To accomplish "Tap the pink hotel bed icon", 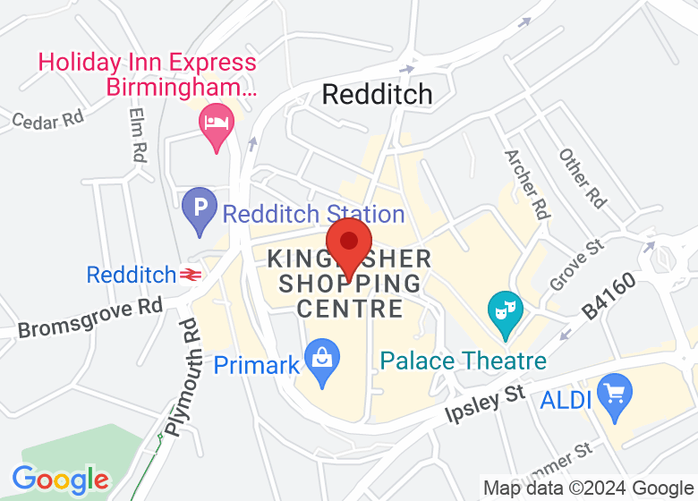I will click(216, 122).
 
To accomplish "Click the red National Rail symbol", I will click(189, 275).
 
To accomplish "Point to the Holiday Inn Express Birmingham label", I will click(147, 75).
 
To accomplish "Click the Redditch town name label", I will click(377, 94).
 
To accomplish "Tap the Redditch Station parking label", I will click(313, 215).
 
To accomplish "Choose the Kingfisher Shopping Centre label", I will click(349, 284).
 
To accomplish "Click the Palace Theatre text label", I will click(463, 361).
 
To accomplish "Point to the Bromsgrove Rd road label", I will click(90, 318).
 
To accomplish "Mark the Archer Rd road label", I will click(525, 183).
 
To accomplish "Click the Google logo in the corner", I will click(61, 480).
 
